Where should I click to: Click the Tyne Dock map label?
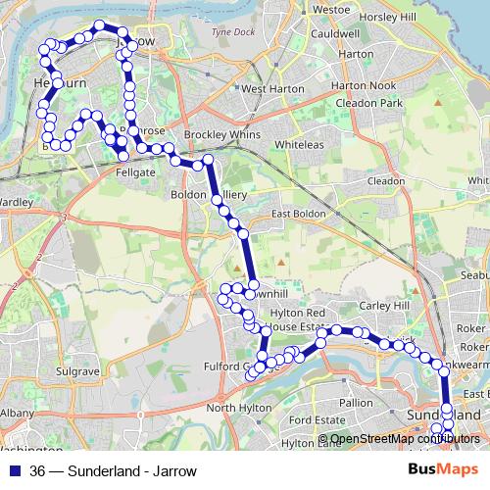231,32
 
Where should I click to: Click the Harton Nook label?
368,85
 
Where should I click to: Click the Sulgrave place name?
74,372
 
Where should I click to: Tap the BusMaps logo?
443,470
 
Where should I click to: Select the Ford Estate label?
314,421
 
